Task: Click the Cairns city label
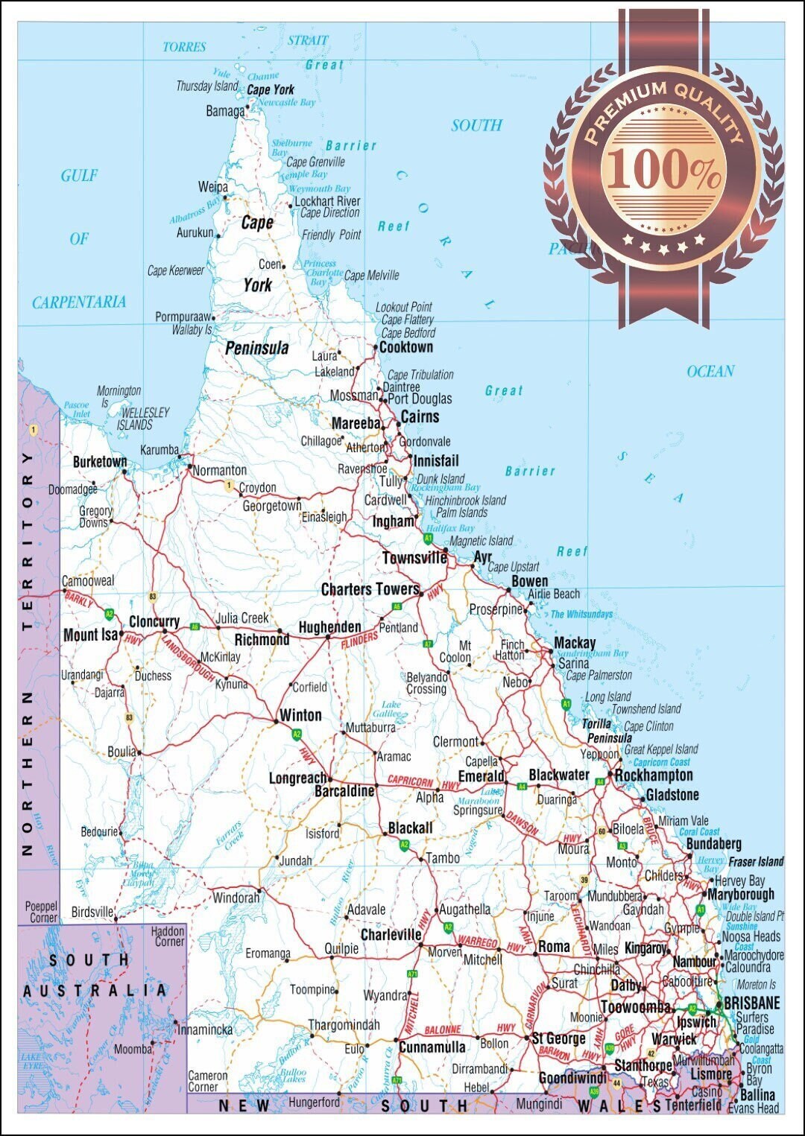420,417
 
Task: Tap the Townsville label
414,558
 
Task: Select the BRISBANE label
751,1003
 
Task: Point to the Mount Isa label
91,635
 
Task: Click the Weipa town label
212,187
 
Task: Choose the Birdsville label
92,912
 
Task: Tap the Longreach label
297,778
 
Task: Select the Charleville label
391,934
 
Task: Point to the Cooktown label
405,347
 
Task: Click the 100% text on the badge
663,169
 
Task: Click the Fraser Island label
756,862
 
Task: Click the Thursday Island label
206,86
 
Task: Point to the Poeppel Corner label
41,912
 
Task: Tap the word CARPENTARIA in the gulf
79,302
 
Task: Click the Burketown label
100,462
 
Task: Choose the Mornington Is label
118,396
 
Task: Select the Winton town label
300,715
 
